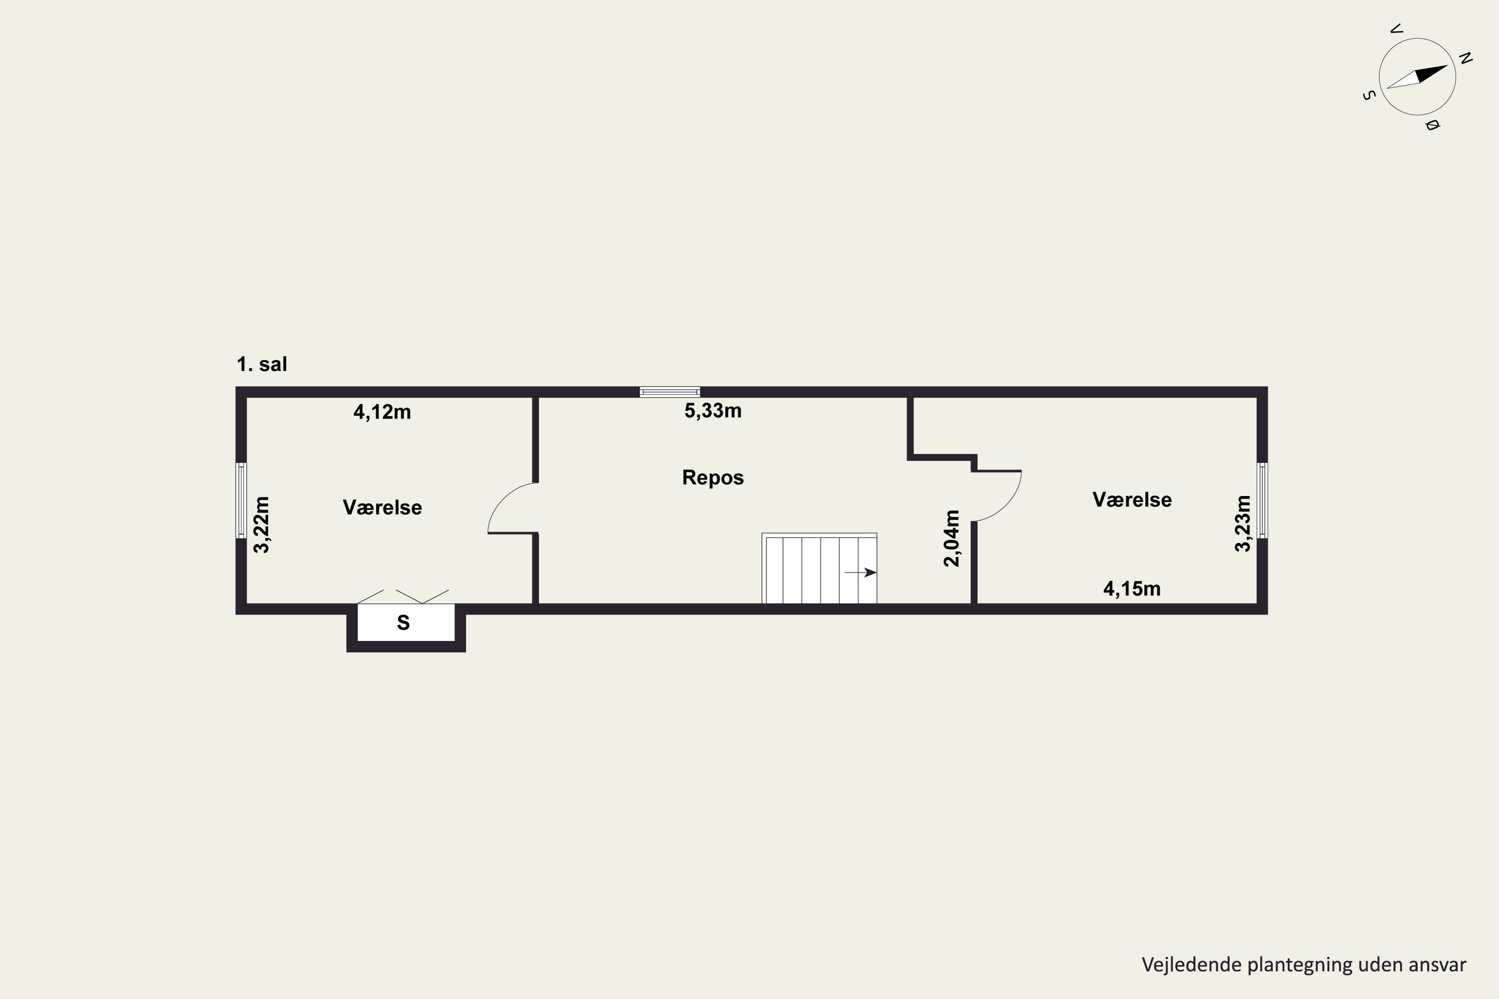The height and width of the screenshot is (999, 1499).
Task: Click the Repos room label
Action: coord(713,477)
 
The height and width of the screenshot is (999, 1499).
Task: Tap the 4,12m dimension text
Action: coord(382,412)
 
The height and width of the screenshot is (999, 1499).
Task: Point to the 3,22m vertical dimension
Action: coord(262,524)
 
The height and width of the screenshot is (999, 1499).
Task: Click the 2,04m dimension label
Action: coord(951,538)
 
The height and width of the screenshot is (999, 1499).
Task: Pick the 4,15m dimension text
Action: coord(1132,589)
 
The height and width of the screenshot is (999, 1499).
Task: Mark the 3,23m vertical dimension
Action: coord(1243,523)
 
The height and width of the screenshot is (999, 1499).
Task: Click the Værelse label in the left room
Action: coord(382,507)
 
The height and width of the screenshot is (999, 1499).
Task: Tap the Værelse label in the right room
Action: coord(1132,499)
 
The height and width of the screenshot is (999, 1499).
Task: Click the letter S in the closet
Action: coord(403,622)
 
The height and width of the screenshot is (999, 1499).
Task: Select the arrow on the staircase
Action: coord(860,572)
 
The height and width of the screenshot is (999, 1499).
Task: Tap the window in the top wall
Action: coord(670,392)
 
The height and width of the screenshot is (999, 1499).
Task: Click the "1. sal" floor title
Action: coord(262,365)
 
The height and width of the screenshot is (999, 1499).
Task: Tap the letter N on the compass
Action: coord(1465,58)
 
